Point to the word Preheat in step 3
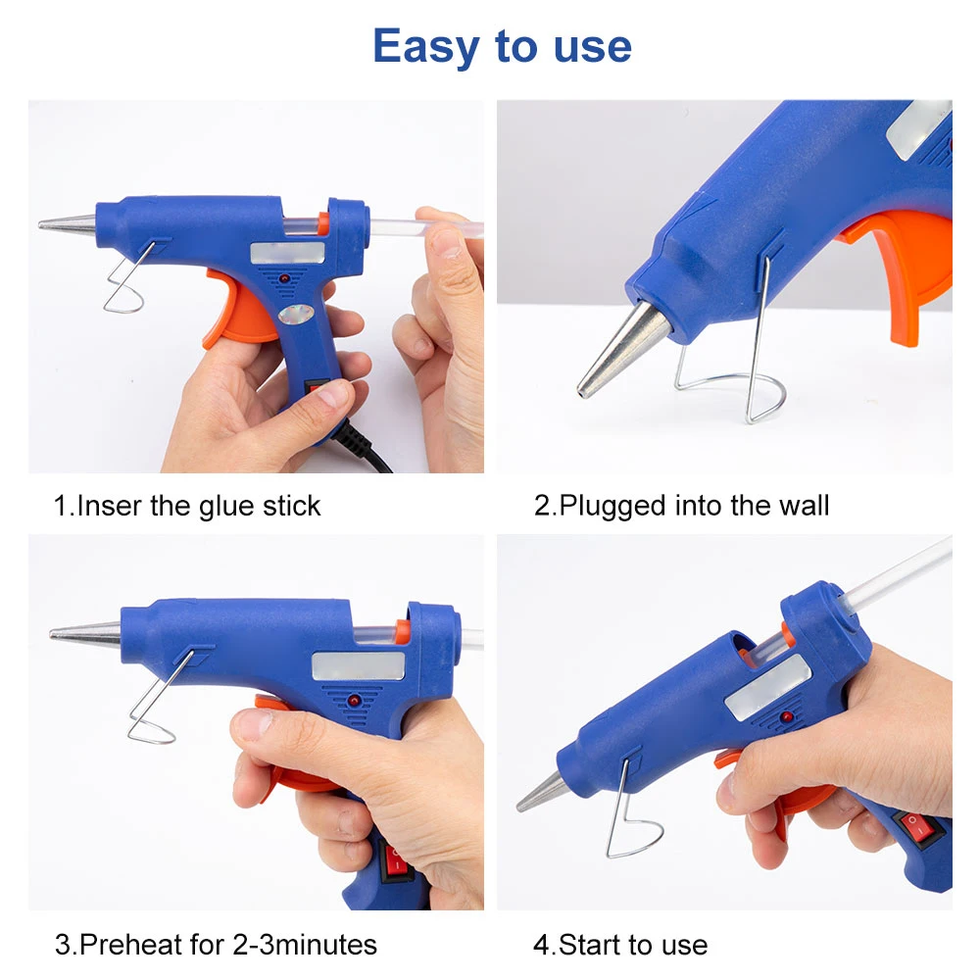click(130, 945)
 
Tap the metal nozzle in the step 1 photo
click(68, 224)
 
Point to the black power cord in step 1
click(363, 447)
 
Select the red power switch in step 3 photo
click(395, 860)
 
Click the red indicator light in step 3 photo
click(354, 701)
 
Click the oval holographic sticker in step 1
click(296, 315)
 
